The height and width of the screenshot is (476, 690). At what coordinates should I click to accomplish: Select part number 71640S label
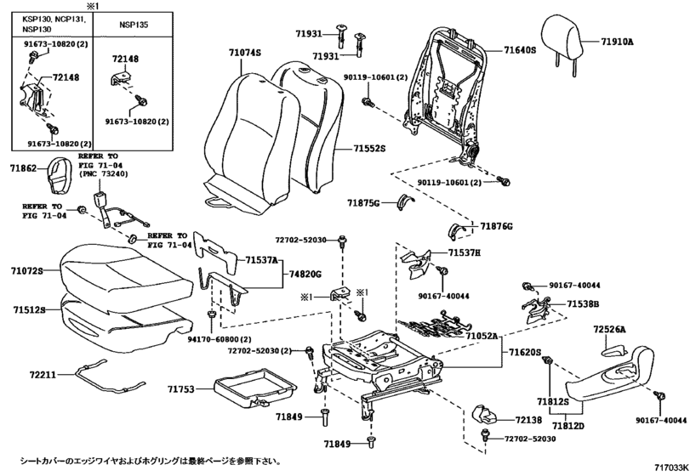[520, 50]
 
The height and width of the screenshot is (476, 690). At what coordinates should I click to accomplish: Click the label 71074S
[245, 53]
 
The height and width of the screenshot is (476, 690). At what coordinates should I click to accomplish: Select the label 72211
[43, 375]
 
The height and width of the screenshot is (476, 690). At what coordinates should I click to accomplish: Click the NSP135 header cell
[133, 25]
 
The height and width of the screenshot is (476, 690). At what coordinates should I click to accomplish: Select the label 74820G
[305, 275]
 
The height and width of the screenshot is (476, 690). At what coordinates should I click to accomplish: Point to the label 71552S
[368, 149]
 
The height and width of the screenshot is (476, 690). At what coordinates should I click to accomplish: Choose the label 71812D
[568, 426]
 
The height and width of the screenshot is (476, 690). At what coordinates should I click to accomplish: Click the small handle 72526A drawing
[614, 350]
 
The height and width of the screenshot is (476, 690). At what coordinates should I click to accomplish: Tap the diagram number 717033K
[671, 467]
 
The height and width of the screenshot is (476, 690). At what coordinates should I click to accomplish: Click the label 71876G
[496, 226]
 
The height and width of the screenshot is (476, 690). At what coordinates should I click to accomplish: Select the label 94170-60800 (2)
[220, 339]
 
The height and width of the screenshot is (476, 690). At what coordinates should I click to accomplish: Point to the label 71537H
[465, 252]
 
